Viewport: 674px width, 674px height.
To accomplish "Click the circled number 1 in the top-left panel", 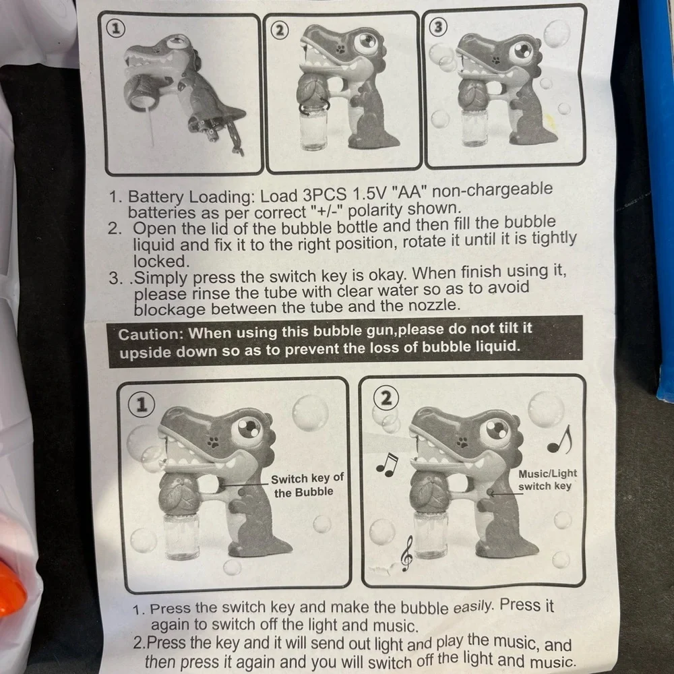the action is [x=115, y=29].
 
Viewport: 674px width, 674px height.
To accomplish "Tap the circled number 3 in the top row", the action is [x=438, y=27].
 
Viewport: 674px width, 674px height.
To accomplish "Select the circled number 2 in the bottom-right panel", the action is [x=386, y=398].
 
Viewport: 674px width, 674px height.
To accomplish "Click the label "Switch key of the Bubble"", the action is [x=307, y=485].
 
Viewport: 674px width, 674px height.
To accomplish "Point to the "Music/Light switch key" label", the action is [x=547, y=480].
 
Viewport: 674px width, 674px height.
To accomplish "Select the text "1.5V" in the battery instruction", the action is [x=369, y=194].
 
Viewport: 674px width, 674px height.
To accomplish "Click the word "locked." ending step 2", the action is [x=161, y=262].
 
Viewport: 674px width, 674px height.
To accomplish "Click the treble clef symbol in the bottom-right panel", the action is [x=406, y=553].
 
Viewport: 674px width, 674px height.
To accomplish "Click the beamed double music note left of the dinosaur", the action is [x=387, y=464].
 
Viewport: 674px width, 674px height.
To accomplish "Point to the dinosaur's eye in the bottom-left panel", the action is [x=247, y=429].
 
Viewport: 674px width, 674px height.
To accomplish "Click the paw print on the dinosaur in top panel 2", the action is [x=340, y=49].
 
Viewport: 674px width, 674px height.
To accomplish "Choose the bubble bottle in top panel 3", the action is [x=474, y=127].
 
